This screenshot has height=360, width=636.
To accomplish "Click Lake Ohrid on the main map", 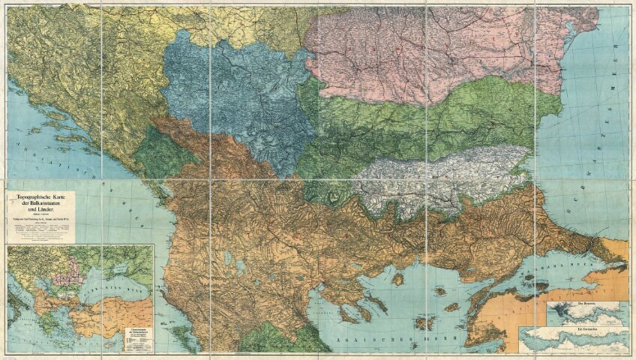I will tap(226, 259).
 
